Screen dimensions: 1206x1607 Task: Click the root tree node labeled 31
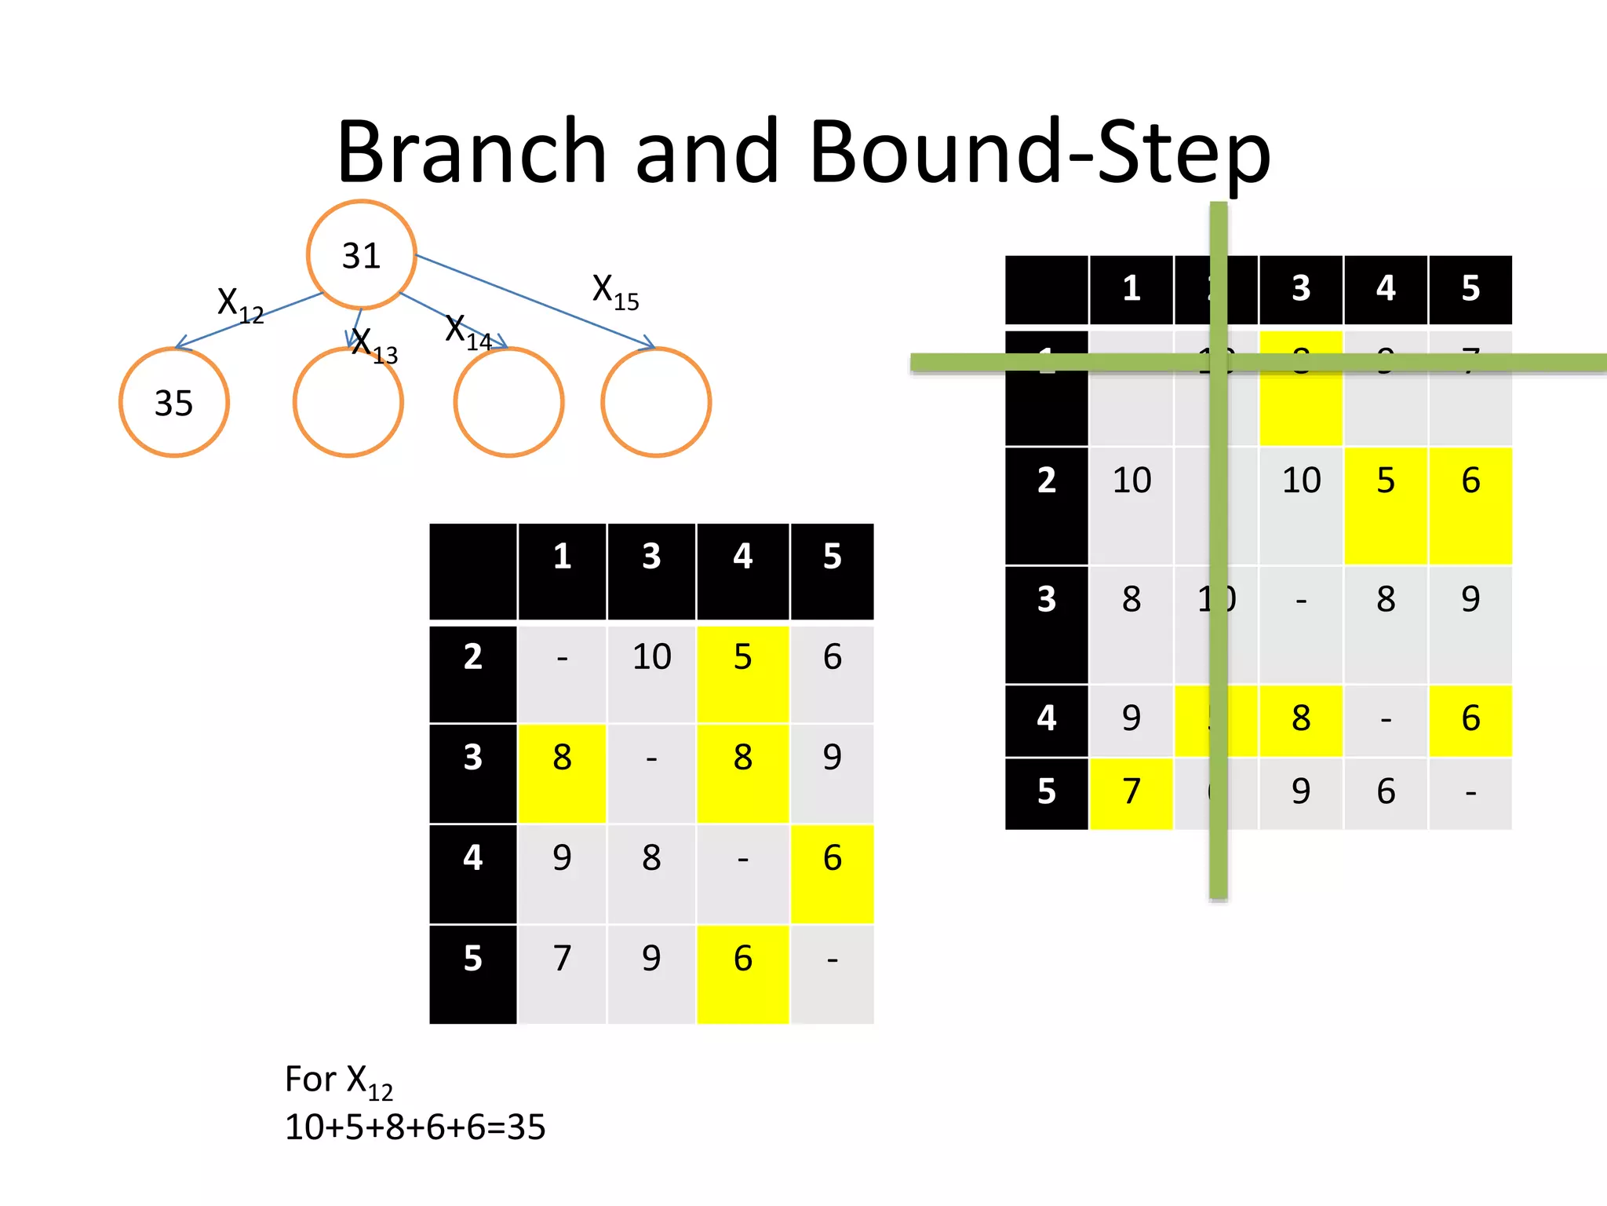coord(361,255)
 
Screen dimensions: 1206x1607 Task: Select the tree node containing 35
coord(173,403)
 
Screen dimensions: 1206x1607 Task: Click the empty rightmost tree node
coord(656,403)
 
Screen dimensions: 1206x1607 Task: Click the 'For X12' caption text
coord(338,1081)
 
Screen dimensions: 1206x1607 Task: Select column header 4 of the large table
coord(1386,289)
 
